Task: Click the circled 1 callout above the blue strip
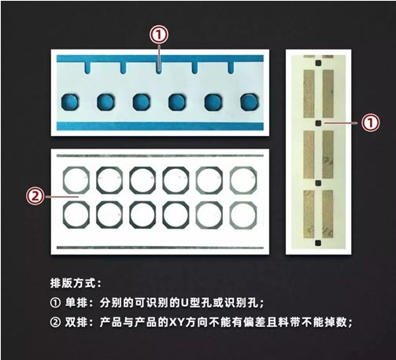click(159, 35)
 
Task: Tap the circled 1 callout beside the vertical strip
click(370, 123)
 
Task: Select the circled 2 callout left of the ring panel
click(35, 197)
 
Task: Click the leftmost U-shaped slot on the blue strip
click(87, 68)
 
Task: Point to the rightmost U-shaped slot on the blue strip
click(231, 68)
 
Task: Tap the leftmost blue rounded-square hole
click(70, 102)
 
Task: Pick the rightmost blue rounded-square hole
click(250, 102)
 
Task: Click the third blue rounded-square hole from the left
click(142, 102)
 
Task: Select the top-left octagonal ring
click(64, 180)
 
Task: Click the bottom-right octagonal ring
click(231, 215)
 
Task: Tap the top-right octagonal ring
click(231, 180)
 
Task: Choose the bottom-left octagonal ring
click(64, 215)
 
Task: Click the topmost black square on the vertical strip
click(318, 63)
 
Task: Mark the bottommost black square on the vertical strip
click(318, 243)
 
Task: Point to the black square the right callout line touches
click(318, 123)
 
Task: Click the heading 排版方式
click(73, 283)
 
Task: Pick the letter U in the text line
click(184, 303)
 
